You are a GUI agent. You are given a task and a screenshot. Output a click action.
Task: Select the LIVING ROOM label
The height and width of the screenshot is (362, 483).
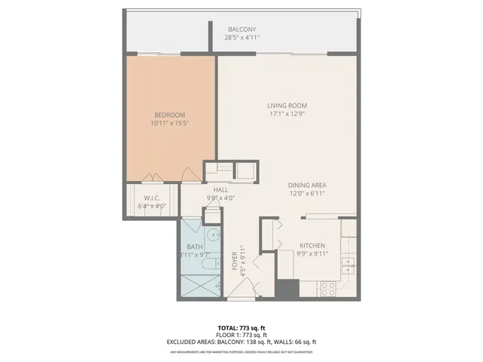pos(287,106)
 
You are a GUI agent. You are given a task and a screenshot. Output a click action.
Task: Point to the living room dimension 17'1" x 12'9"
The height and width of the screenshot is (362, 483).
pos(287,114)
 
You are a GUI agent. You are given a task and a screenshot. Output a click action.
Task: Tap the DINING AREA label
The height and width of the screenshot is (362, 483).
pos(307,185)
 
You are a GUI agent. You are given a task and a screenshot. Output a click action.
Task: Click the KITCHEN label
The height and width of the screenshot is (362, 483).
pos(312,246)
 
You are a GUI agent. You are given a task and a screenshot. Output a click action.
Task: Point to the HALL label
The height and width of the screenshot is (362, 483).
pos(220,190)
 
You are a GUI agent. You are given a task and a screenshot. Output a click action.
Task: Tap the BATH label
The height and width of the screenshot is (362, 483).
pos(194,247)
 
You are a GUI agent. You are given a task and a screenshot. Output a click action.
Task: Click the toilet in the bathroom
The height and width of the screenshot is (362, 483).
pos(208,256)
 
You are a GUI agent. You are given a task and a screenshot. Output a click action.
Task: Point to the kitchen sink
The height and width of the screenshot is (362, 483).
pos(347,265)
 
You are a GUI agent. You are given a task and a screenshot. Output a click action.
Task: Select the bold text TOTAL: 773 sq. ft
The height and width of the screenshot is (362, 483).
pos(241,328)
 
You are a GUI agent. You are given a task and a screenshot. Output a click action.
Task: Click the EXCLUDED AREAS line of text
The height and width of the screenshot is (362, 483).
pos(241,342)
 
